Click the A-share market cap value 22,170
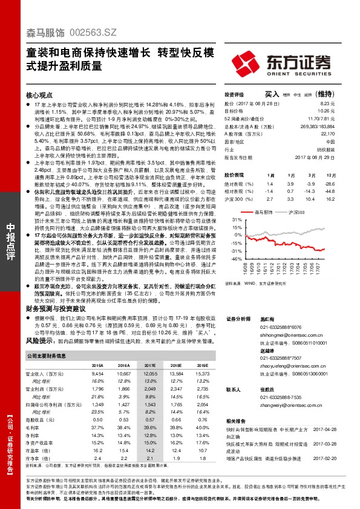(x=327, y=134)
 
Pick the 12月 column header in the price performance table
(x=329, y=175)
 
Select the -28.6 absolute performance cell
(x=329, y=183)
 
